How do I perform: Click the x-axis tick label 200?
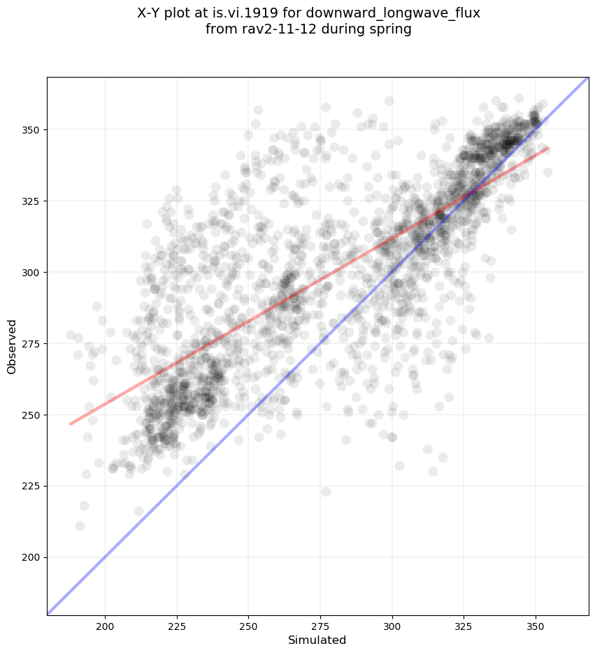pos(105,624)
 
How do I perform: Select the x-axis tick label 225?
pos(177,624)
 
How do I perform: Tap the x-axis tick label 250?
pos(249,624)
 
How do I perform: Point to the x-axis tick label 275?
pos(320,624)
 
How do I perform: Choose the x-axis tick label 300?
pos(392,624)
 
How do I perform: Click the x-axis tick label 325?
pos(464,624)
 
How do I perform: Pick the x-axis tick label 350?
pos(536,624)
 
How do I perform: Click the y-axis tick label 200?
pos(31,557)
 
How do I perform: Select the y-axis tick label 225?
pos(31,486)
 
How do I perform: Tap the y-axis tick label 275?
pos(31,343)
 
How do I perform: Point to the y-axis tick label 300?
pos(31,272)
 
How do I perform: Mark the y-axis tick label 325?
pos(31,201)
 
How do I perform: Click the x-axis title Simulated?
pos(317,640)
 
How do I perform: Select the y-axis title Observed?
pos(12,346)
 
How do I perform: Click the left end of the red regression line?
pos(71,424)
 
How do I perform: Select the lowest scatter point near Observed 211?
pos(80,526)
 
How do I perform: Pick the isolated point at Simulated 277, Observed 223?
pos(326,491)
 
